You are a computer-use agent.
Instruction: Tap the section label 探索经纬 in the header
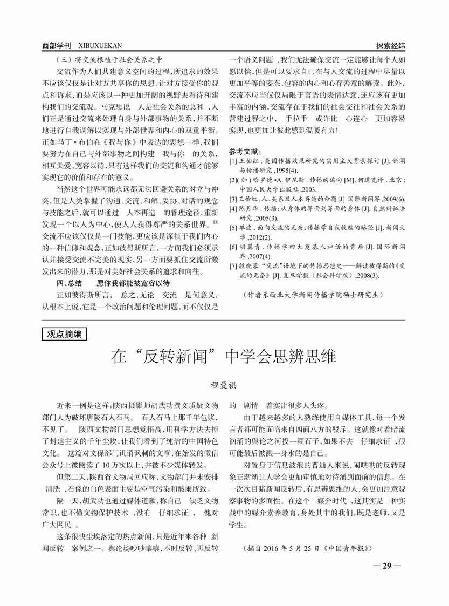[x=390, y=46]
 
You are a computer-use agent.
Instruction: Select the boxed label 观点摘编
[x=64, y=335]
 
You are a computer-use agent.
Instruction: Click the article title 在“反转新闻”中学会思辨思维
[x=224, y=357]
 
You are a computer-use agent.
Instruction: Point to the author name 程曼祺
[x=224, y=386]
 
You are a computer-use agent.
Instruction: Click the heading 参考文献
[x=245, y=151]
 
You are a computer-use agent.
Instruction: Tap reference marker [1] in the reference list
[x=233, y=161]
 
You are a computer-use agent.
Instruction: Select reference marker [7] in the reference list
[x=233, y=265]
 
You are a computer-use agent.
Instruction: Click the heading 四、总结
[x=69, y=283]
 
